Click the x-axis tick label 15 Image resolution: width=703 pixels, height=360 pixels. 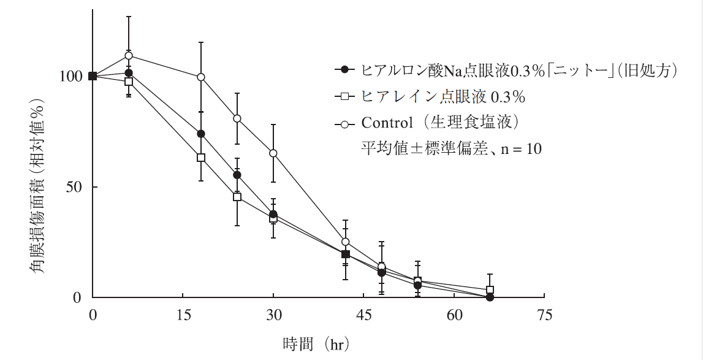(183, 315)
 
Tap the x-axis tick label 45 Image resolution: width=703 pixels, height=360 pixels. (364, 315)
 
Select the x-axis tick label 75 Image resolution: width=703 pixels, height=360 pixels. (544, 315)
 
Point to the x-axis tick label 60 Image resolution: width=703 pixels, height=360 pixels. (454, 315)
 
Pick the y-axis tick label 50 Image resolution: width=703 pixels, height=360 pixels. (74, 187)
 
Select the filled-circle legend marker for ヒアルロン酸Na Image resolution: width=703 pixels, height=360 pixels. (344, 70)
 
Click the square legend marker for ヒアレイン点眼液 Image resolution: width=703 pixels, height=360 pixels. (344, 96)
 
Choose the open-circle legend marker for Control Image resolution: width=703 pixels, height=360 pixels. (344, 123)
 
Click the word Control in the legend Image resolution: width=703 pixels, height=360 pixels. (387, 123)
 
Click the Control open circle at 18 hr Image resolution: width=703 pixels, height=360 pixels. (201, 77)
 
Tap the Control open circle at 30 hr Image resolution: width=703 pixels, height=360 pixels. (273, 153)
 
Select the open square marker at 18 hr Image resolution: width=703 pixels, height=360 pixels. (201, 158)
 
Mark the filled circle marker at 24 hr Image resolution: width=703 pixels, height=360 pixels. (237, 175)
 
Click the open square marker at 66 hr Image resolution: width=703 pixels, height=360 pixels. (490, 290)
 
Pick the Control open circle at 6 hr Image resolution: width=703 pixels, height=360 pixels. (129, 56)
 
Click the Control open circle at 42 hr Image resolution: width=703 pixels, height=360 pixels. (346, 242)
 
